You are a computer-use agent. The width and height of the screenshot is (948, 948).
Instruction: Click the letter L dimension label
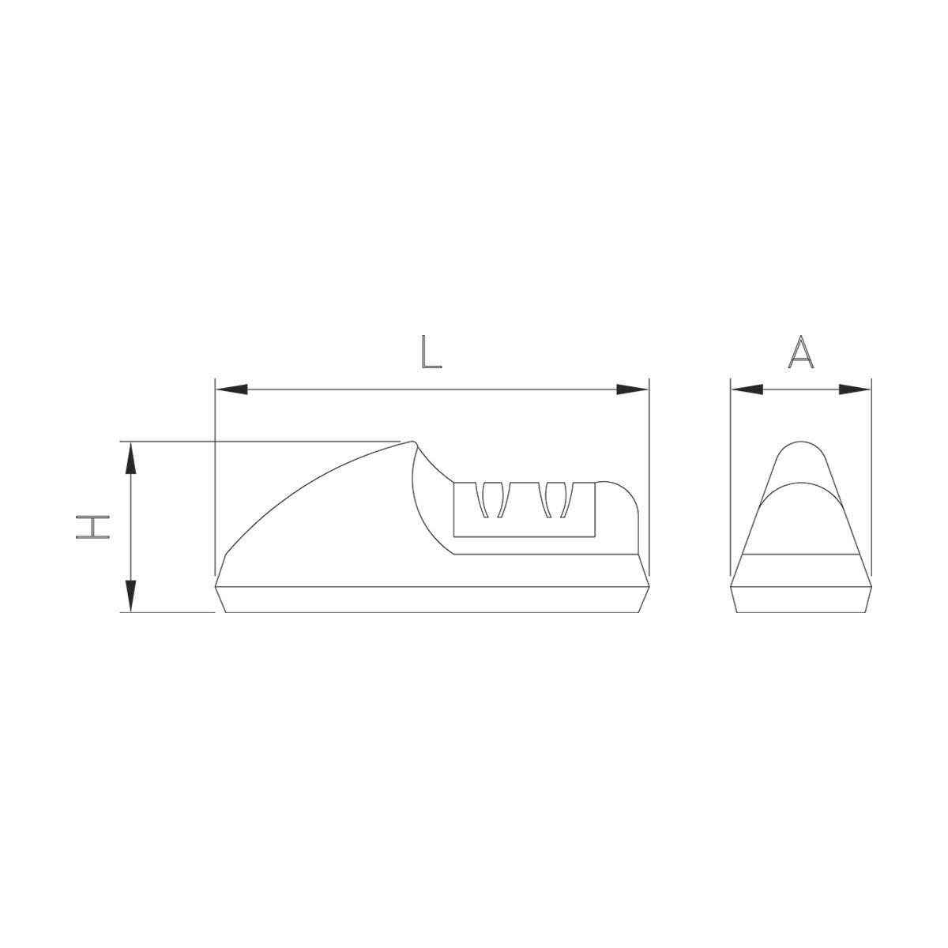click(431, 352)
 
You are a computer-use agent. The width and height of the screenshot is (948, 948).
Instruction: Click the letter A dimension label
click(800, 352)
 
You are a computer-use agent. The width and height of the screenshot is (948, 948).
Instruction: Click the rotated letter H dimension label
click(92, 527)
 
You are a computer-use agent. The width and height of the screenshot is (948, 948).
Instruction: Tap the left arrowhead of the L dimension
click(231, 390)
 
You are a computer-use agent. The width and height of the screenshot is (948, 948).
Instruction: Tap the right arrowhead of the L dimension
click(633, 390)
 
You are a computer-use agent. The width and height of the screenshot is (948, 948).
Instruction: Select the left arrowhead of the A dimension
click(747, 390)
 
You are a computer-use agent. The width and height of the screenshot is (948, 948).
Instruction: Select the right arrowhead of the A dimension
click(855, 390)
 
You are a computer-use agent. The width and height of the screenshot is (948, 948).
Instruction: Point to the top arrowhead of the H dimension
click(130, 457)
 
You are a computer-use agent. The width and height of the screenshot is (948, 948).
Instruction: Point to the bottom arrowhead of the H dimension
click(130, 596)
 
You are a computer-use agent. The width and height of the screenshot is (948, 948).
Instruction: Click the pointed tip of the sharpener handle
click(412, 442)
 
